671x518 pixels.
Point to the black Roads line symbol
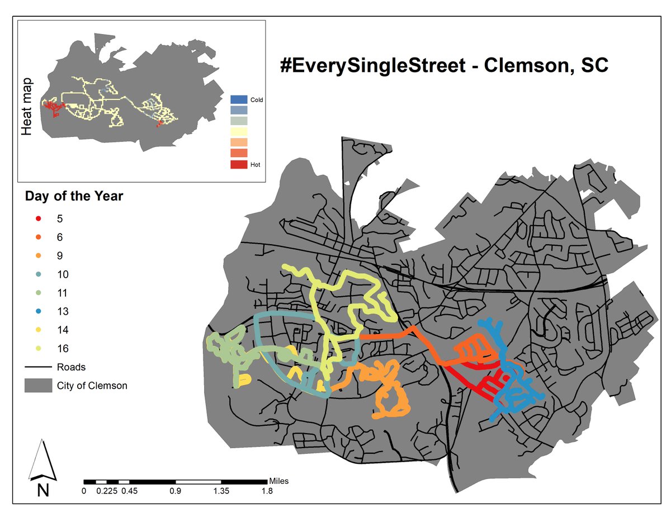pyautogui.click(x=37, y=367)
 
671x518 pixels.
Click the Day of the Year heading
pyautogui.click(x=74, y=197)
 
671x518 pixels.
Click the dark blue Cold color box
pyautogui.click(x=239, y=99)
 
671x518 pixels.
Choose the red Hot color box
pyautogui.click(x=239, y=164)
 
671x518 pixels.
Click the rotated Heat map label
pyautogui.click(x=26, y=107)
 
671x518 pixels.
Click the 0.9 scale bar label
pyautogui.click(x=175, y=492)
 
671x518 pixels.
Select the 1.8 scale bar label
pyautogui.click(x=267, y=492)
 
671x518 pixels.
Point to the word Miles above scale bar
pyautogui.click(x=279, y=481)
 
